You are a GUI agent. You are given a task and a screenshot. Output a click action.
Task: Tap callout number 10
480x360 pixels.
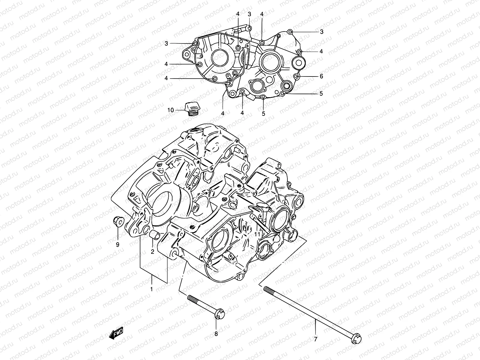point(170,110)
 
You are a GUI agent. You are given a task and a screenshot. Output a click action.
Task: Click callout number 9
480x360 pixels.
point(118,244)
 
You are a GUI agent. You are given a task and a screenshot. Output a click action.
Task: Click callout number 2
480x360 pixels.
point(152,252)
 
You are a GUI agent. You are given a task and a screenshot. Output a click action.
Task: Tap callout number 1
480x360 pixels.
point(152,289)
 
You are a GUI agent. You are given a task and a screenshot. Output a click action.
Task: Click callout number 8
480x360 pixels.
point(216,334)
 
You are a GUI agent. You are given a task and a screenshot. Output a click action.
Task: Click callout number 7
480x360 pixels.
point(315,340)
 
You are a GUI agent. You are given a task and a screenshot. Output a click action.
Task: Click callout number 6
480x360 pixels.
point(321,76)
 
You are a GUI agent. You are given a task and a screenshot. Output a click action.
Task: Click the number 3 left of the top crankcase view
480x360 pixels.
point(166,44)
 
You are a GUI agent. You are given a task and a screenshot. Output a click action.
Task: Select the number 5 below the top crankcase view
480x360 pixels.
point(263,113)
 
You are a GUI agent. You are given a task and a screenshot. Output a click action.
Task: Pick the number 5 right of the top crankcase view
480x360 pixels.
point(321,94)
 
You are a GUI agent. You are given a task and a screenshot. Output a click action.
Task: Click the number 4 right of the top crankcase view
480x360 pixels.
point(321,51)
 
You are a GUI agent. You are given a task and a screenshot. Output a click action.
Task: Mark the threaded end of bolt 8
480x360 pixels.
point(191,298)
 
